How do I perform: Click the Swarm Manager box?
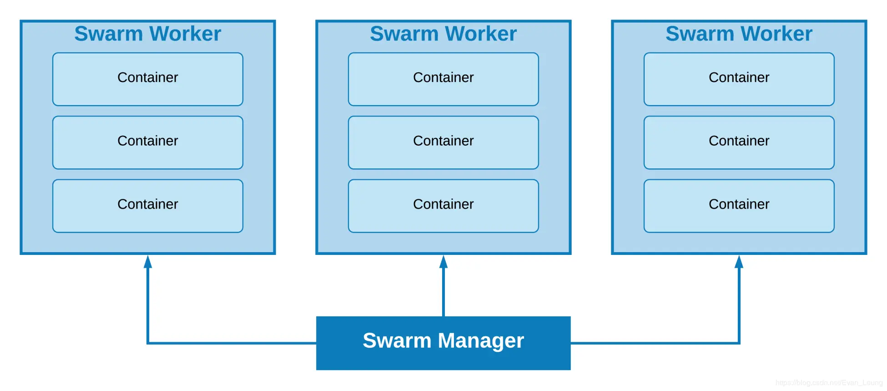coord(443,343)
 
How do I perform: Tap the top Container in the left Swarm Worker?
coord(147,79)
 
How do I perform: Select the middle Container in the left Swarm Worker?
coord(147,142)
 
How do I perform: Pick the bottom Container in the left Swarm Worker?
coord(147,206)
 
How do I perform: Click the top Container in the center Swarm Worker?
coord(443,79)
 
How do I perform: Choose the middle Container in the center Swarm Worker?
coord(443,142)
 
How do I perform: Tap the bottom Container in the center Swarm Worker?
coord(443,206)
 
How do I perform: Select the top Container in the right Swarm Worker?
coord(739,79)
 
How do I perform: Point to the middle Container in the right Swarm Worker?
coord(739,142)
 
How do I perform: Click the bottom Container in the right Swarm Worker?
coord(739,206)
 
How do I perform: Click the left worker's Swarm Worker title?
coord(147,34)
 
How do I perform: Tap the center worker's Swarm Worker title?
coord(443,34)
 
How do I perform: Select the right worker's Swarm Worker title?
coord(739,34)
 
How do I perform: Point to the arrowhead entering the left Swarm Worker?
coord(148,262)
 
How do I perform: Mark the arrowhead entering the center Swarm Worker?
coord(443,262)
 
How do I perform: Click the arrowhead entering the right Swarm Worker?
coord(739,262)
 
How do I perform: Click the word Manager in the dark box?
coord(481,341)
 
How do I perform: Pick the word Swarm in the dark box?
coord(397,341)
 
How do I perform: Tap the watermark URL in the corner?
coord(829,383)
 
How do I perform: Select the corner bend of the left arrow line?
coord(148,343)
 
